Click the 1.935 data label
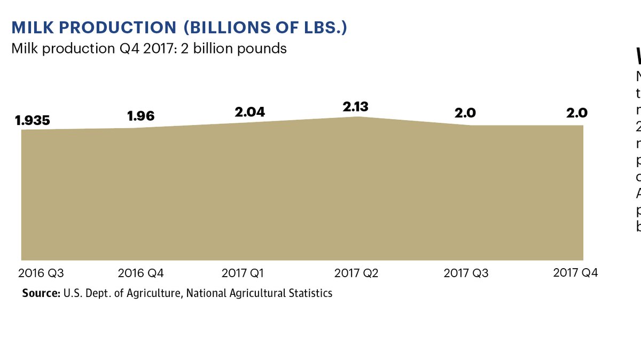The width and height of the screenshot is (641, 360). [33, 120]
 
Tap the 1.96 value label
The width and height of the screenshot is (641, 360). [142, 116]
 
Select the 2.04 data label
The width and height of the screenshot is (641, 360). [250, 112]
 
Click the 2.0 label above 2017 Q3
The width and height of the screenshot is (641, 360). [465, 113]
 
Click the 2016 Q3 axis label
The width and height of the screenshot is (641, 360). [41, 273]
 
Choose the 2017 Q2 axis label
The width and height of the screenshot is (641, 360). [356, 273]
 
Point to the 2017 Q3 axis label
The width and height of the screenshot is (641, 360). [466, 273]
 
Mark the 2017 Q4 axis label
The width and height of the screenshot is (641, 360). [575, 273]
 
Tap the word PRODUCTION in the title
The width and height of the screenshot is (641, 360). [115, 28]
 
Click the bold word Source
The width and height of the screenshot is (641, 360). [40, 293]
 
